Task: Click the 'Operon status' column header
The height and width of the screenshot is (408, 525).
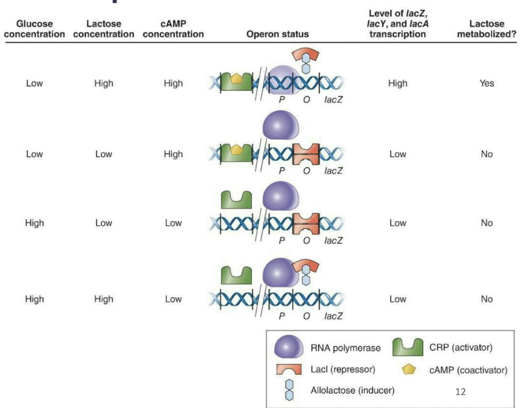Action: [277, 34]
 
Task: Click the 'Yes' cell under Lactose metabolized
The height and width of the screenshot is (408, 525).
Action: [486, 83]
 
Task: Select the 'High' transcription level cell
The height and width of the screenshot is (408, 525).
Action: [397, 83]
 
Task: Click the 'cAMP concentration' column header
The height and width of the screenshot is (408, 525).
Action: [173, 29]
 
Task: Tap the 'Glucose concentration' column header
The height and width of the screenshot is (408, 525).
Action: [35, 29]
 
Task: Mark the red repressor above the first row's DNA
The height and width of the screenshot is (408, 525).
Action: [305, 55]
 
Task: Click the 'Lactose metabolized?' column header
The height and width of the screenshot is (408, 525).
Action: [488, 29]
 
